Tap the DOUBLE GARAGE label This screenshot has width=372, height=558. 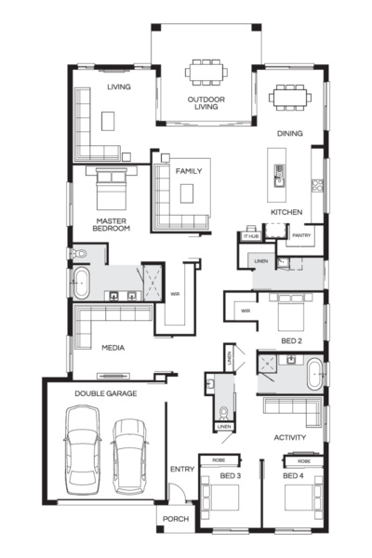point(106,393)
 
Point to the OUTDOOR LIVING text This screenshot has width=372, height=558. point(203,102)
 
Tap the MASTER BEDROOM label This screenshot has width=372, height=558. point(111,224)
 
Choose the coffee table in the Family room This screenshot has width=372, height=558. point(188,193)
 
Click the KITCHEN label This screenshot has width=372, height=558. point(286,213)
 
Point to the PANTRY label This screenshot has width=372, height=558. point(300,236)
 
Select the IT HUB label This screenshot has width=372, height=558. point(250,237)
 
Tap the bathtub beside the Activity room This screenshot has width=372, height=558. point(313,373)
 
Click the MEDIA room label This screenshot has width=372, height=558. point(113,348)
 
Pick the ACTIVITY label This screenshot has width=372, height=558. point(290,437)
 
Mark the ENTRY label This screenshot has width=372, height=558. point(181,470)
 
